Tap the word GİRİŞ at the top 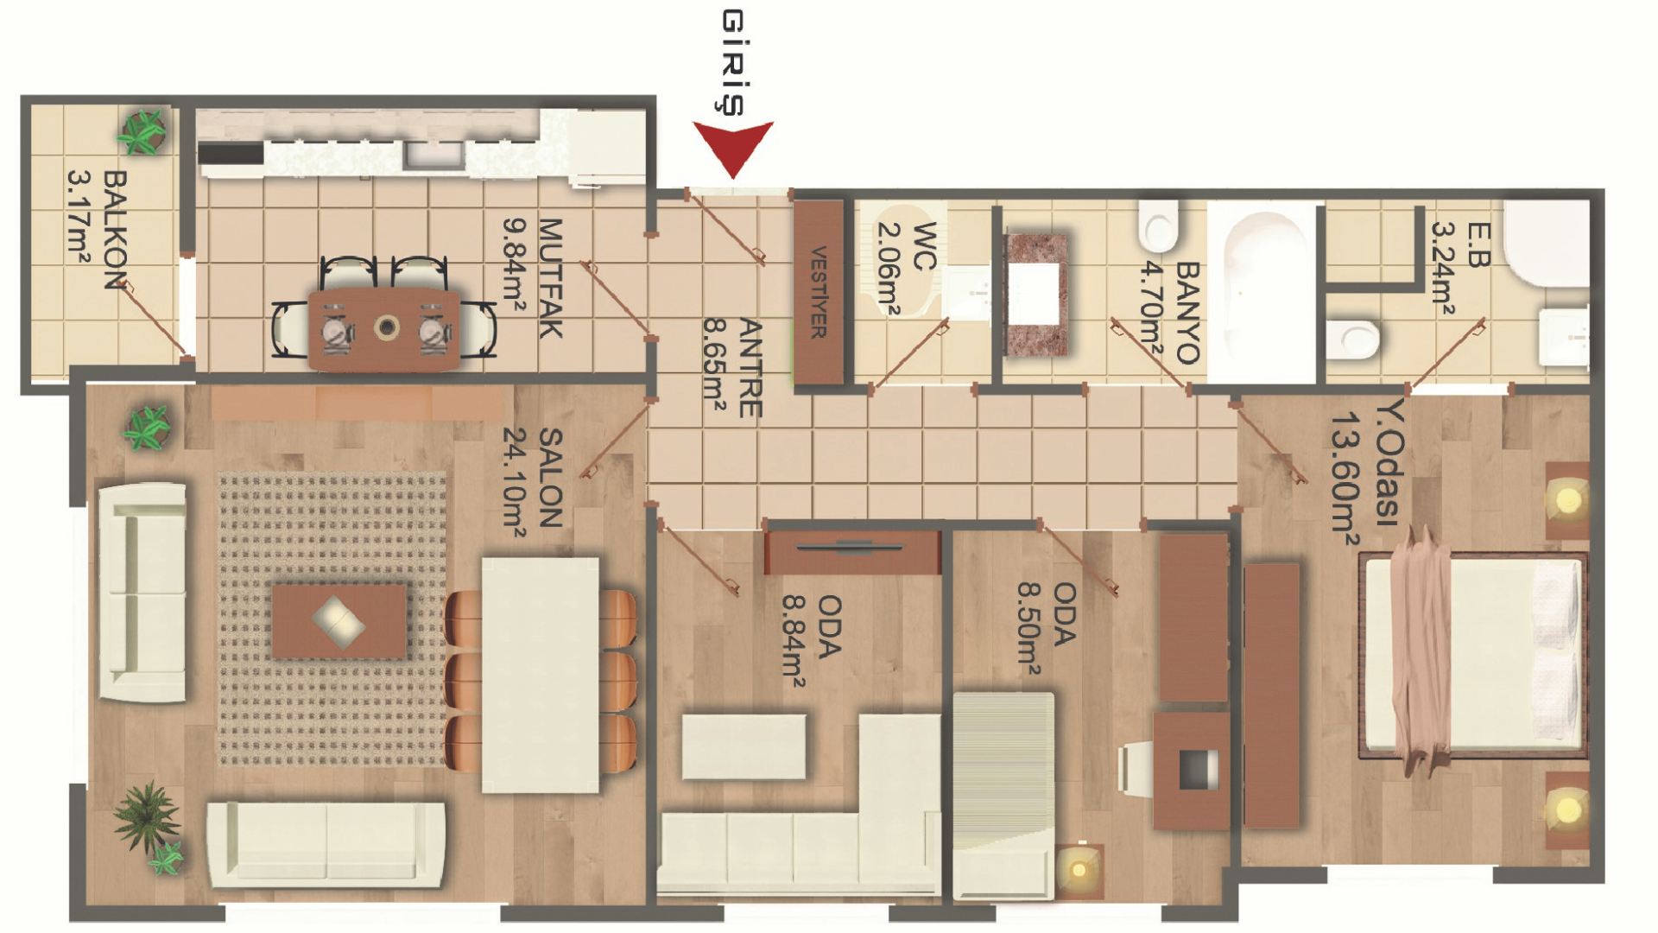[x=732, y=62]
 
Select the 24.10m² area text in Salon [x=515, y=484]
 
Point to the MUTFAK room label [x=550, y=278]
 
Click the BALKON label [x=115, y=230]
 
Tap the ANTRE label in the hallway [x=750, y=368]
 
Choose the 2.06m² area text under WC [x=889, y=270]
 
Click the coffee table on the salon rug [x=339, y=620]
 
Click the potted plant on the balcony [x=142, y=131]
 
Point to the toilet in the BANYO [x=1158, y=224]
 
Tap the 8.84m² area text [x=794, y=639]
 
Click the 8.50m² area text [x=1028, y=629]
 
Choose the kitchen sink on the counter [x=434, y=154]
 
